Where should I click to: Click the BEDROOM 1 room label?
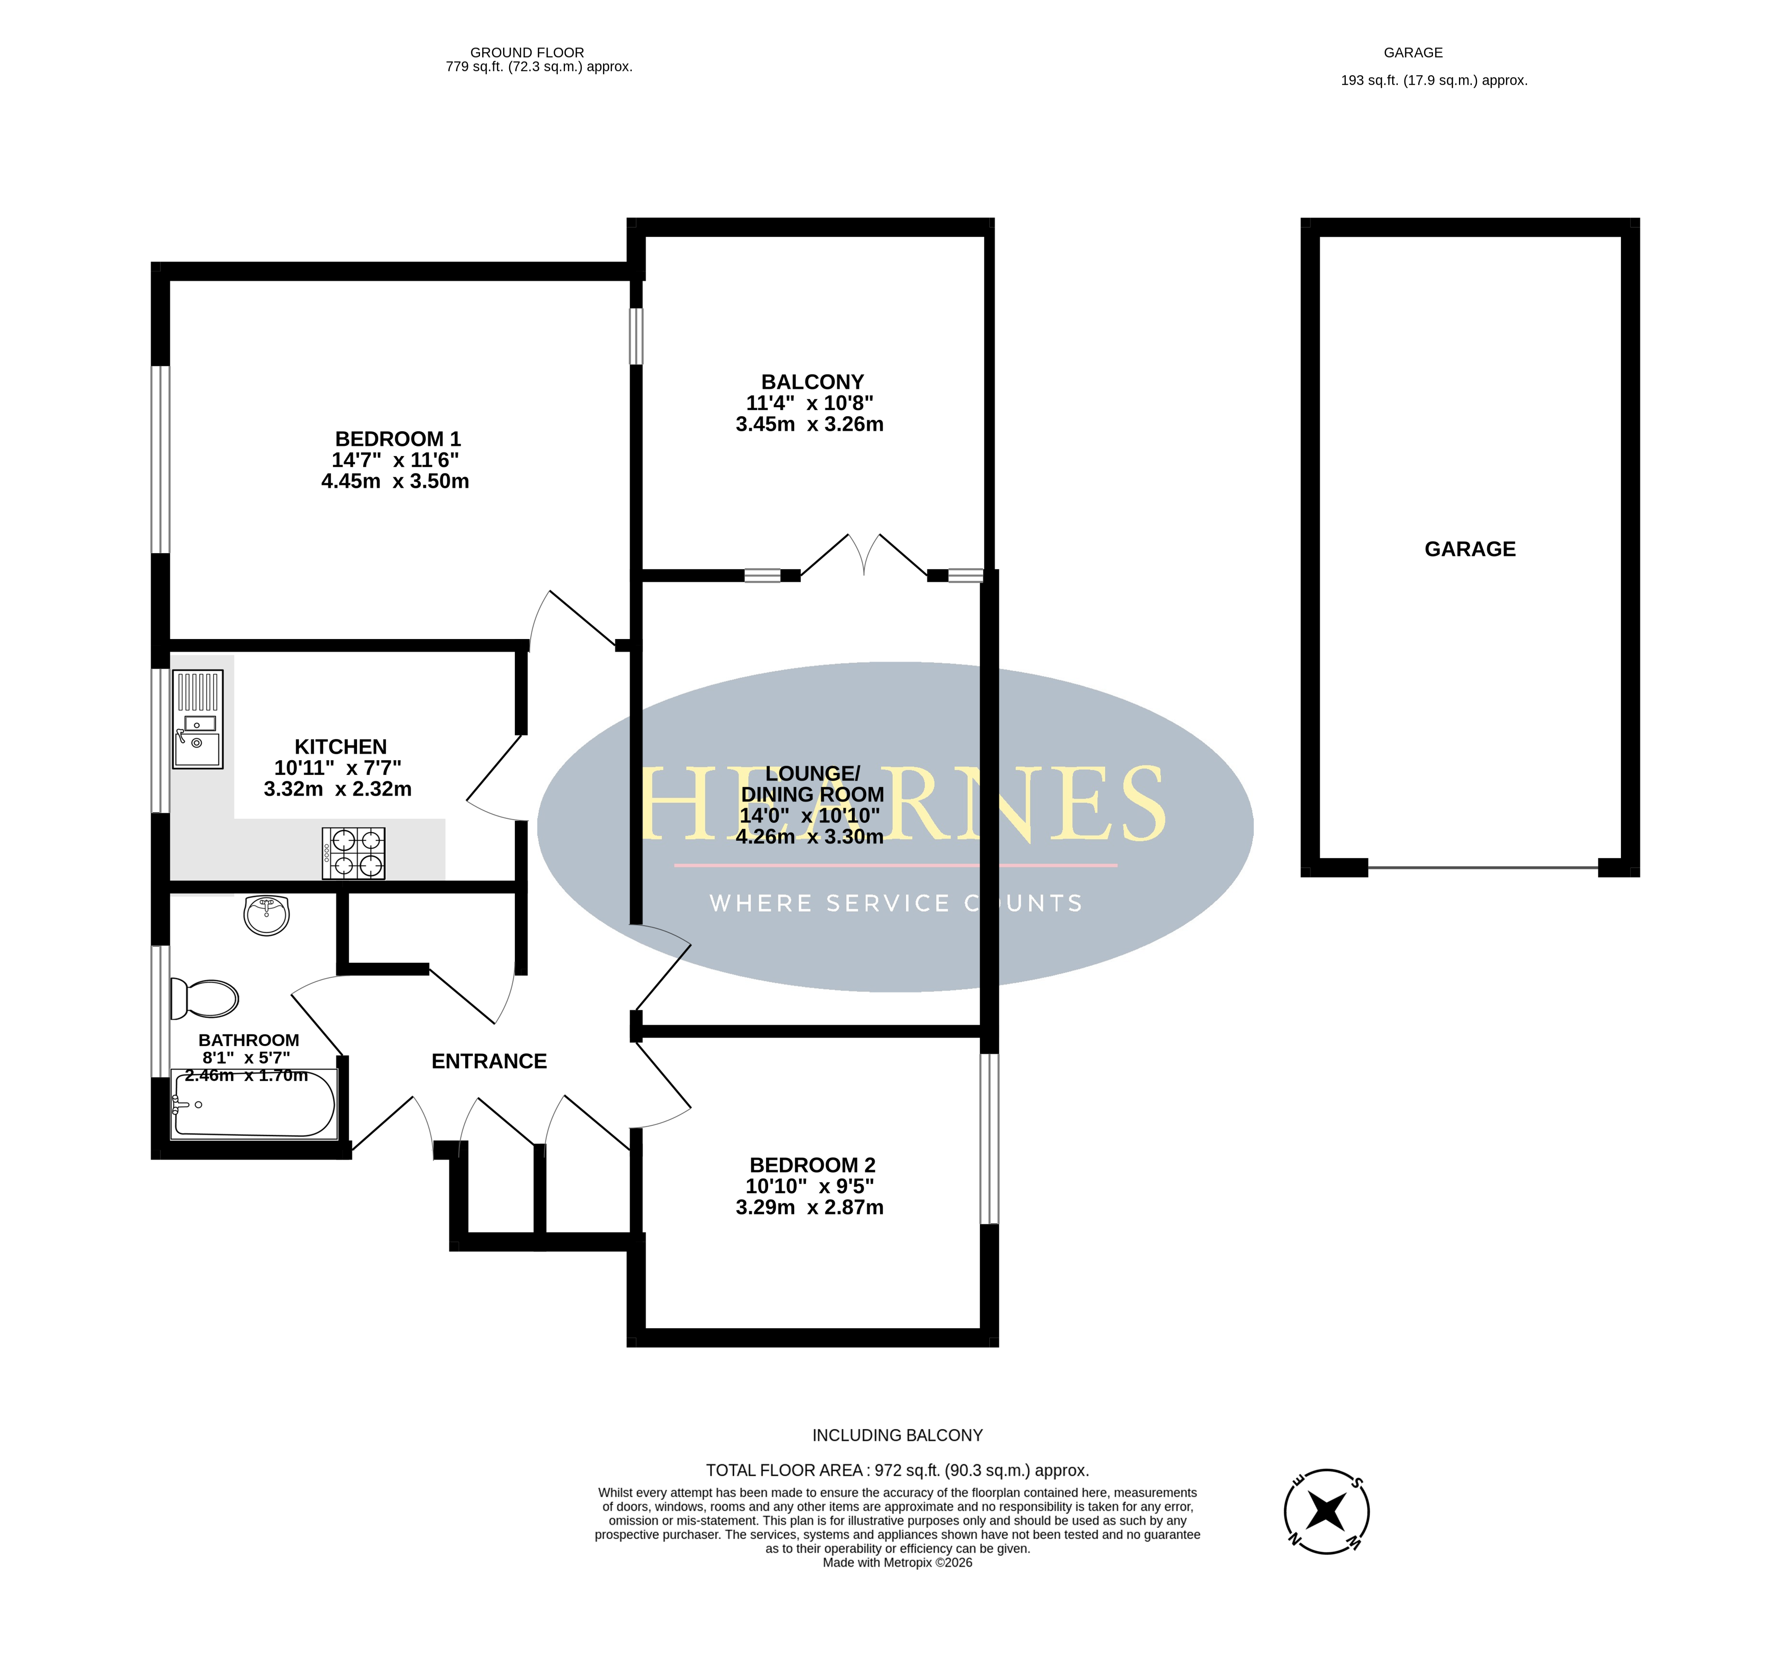click(x=398, y=439)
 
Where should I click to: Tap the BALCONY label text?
click(x=813, y=382)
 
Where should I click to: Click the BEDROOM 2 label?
click(x=813, y=1165)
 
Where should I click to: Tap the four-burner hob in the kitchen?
click(x=353, y=853)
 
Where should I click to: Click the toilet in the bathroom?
click(x=204, y=999)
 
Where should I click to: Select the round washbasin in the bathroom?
click(x=267, y=915)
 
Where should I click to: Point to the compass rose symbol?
click(x=1327, y=1511)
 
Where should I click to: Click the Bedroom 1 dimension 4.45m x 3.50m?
click(x=395, y=482)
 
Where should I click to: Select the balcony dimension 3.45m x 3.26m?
click(x=809, y=424)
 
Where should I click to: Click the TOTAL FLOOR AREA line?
click(x=897, y=1471)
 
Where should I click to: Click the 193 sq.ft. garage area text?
click(x=1434, y=81)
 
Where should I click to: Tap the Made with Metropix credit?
click(x=897, y=1563)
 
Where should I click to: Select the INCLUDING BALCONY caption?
click(x=897, y=1435)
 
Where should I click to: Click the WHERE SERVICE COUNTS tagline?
click(x=896, y=904)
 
